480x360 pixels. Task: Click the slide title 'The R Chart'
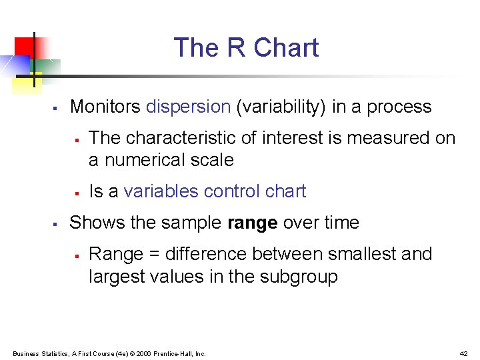(246, 48)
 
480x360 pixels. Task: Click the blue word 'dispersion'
(188, 107)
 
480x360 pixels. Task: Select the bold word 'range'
(252, 223)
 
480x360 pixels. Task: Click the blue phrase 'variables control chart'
(215, 191)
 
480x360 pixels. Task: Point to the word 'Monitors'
(105, 107)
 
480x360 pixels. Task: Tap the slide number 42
(463, 353)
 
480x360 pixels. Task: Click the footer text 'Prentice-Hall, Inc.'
(179, 353)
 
